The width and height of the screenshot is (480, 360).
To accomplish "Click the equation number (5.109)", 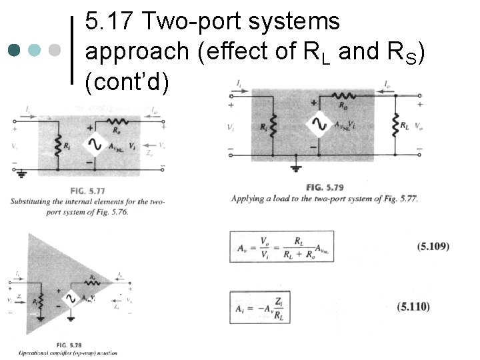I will tap(433, 246).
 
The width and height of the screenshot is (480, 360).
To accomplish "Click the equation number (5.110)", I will tap(413, 307).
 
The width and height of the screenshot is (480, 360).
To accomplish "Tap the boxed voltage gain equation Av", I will tap(281, 247).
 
